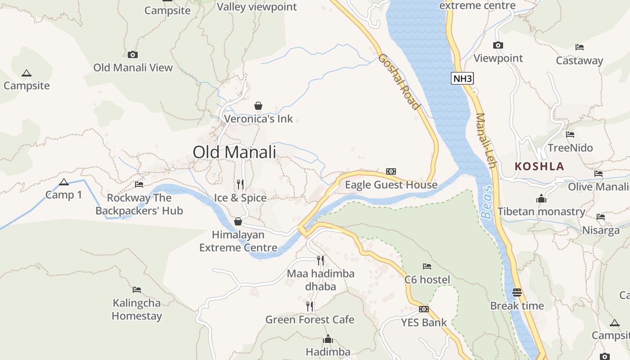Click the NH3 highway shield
(x=463, y=79)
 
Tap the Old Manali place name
(x=234, y=152)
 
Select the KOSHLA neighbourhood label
(x=539, y=166)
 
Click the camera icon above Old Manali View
(x=133, y=54)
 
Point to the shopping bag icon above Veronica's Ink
(x=258, y=106)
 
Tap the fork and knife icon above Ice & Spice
(x=240, y=184)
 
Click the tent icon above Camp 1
(x=63, y=182)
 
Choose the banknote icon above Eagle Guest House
(x=391, y=171)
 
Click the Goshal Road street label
(x=399, y=81)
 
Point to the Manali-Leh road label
(x=486, y=140)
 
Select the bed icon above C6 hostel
(x=427, y=266)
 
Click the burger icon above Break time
(x=517, y=292)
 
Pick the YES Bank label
(x=424, y=322)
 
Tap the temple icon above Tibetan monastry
(x=541, y=198)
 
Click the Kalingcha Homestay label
(x=136, y=309)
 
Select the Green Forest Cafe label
(x=310, y=319)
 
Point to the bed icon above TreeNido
(x=570, y=134)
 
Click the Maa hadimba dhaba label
(x=320, y=280)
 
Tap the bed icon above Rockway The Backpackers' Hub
(x=139, y=184)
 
